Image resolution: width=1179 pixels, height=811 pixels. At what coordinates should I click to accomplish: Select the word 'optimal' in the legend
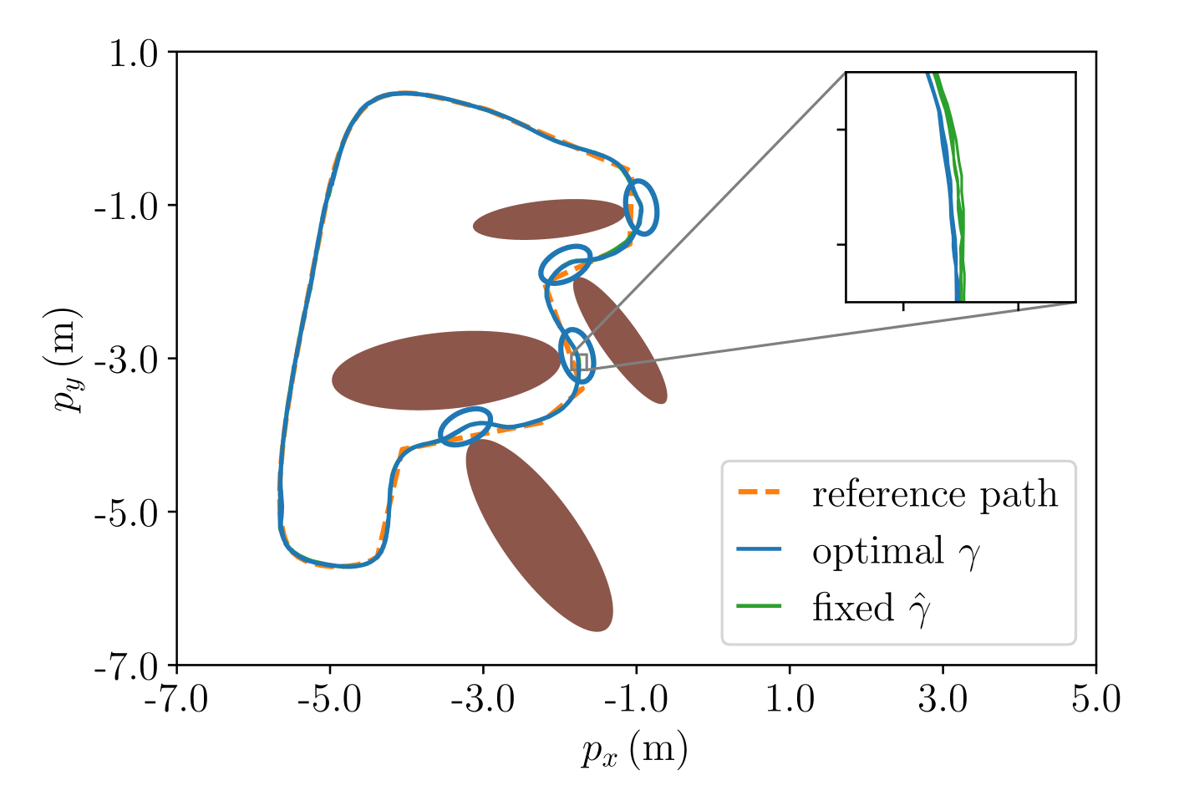[x=877, y=552]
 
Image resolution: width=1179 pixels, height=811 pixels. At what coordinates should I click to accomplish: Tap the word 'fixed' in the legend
[x=852, y=608]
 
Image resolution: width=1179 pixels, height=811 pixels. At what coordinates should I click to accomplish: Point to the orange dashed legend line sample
[x=759, y=492]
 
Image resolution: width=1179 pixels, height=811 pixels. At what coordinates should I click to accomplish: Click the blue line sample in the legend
[x=759, y=549]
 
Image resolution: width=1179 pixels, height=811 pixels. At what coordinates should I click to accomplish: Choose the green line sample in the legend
[x=759, y=606]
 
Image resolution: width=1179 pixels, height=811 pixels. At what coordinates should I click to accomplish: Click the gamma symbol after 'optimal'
[x=968, y=555]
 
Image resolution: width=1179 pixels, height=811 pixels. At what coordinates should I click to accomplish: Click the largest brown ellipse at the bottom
[x=539, y=535]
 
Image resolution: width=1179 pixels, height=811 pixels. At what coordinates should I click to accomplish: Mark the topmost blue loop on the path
[x=642, y=207]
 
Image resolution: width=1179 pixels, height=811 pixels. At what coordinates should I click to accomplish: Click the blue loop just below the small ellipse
[x=566, y=263]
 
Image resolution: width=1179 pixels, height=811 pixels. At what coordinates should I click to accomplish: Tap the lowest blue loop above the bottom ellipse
[x=465, y=426]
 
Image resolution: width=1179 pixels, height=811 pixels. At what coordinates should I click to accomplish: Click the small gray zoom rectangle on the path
[x=583, y=361]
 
